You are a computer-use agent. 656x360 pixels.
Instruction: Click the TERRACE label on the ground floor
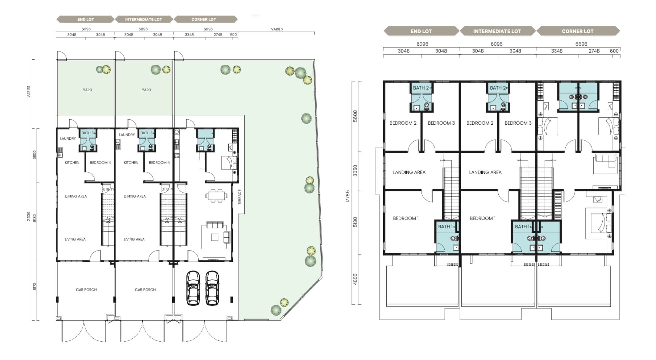point(239,197)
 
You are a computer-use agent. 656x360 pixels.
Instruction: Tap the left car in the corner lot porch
point(193,288)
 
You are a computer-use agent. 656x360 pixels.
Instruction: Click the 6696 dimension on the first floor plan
point(581,44)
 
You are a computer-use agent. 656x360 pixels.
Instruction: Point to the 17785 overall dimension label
point(348,196)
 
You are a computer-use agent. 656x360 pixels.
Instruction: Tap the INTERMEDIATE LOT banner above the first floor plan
point(497,31)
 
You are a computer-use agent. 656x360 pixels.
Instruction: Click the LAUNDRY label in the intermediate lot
point(127,135)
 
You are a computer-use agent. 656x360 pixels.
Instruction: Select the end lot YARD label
point(87,90)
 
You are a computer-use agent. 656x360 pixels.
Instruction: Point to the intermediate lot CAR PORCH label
point(145,290)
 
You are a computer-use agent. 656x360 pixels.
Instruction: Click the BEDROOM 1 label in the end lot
point(406,218)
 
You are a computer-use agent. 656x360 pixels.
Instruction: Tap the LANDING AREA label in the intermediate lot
point(485,172)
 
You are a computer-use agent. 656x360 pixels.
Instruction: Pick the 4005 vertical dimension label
point(355,279)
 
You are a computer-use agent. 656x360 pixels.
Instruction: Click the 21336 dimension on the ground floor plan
point(29,216)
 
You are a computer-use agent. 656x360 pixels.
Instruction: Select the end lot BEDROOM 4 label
point(100,163)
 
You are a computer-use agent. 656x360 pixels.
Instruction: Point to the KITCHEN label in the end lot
point(72,163)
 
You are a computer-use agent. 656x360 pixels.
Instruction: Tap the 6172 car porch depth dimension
point(35,286)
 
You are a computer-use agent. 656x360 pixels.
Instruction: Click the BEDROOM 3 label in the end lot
point(441,123)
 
